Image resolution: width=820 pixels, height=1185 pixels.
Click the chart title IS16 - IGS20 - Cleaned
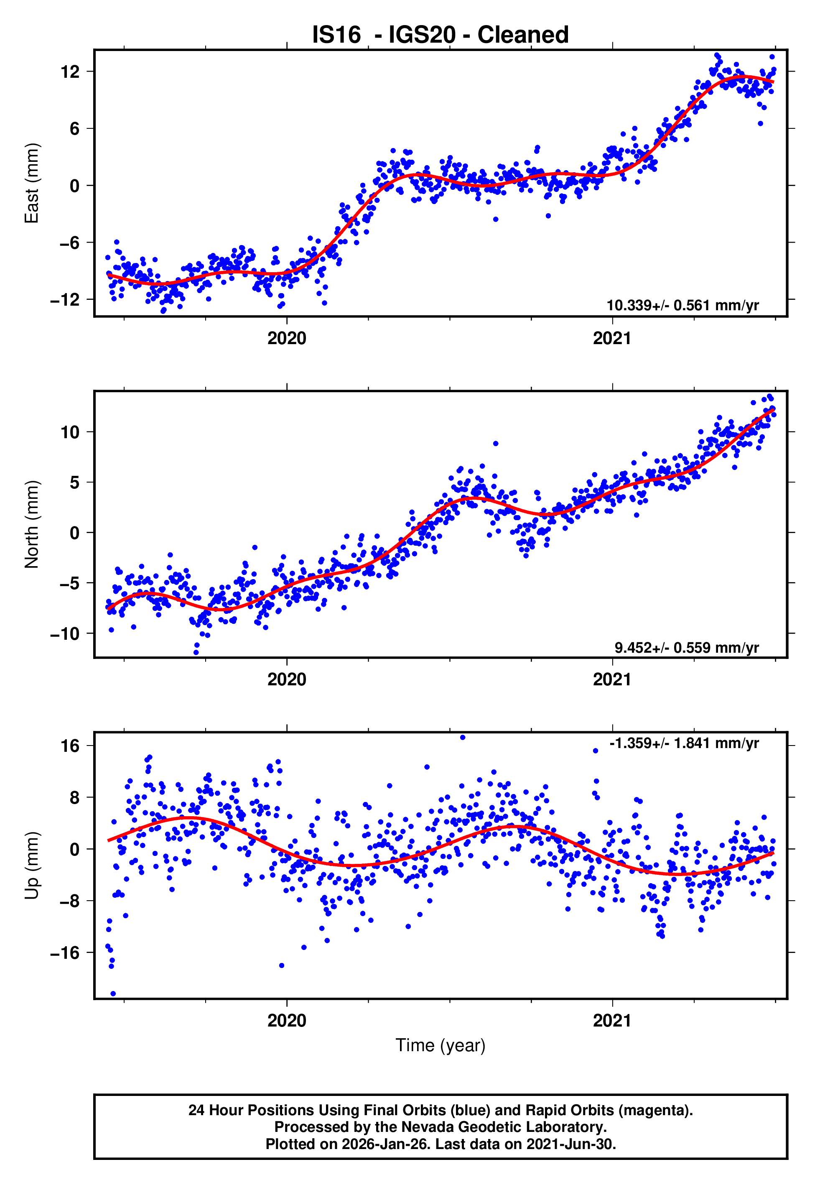click(441, 35)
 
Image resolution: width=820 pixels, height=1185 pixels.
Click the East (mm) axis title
click(32, 184)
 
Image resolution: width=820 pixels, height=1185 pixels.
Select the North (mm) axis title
click(32, 524)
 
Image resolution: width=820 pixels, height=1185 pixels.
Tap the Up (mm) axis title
click(32, 866)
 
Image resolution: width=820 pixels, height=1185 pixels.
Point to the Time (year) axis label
click(441, 1045)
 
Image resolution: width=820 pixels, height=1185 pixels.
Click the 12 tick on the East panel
click(70, 72)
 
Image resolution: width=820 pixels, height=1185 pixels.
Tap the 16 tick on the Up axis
click(70, 746)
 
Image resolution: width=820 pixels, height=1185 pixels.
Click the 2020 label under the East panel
click(287, 339)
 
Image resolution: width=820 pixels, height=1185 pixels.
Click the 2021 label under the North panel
click(612, 680)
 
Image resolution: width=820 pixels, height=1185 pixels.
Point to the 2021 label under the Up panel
click(612, 1021)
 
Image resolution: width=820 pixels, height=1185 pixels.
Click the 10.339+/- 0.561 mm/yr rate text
click(682, 306)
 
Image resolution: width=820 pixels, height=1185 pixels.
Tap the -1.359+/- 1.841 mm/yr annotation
click(684, 743)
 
